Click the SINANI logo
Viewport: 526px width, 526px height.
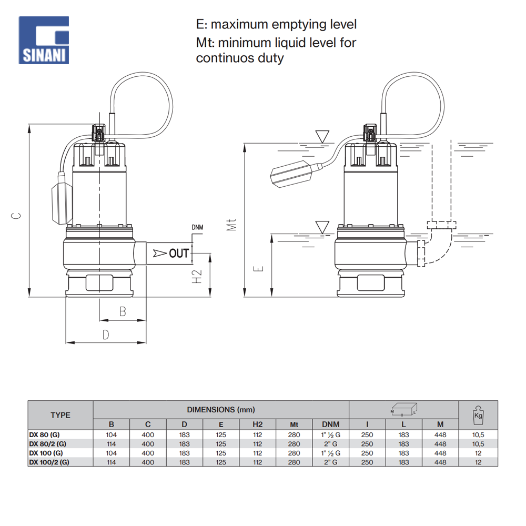[x=44, y=40]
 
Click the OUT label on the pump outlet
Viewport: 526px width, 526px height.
[x=178, y=254]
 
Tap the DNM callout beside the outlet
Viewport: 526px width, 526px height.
[x=197, y=228]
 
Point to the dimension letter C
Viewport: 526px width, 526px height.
[x=17, y=215]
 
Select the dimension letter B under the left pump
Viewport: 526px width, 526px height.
[x=123, y=311]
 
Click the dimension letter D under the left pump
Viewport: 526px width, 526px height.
[x=106, y=335]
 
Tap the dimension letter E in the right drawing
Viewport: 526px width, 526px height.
[x=258, y=268]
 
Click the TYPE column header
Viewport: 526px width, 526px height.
[x=60, y=415]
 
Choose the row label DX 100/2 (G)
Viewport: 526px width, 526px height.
[x=49, y=462]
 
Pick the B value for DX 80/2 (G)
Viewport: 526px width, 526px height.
[x=111, y=443]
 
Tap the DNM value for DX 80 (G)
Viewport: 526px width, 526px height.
[x=330, y=434]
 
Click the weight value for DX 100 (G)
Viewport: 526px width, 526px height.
[x=478, y=453]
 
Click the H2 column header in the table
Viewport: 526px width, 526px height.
[x=257, y=424]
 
